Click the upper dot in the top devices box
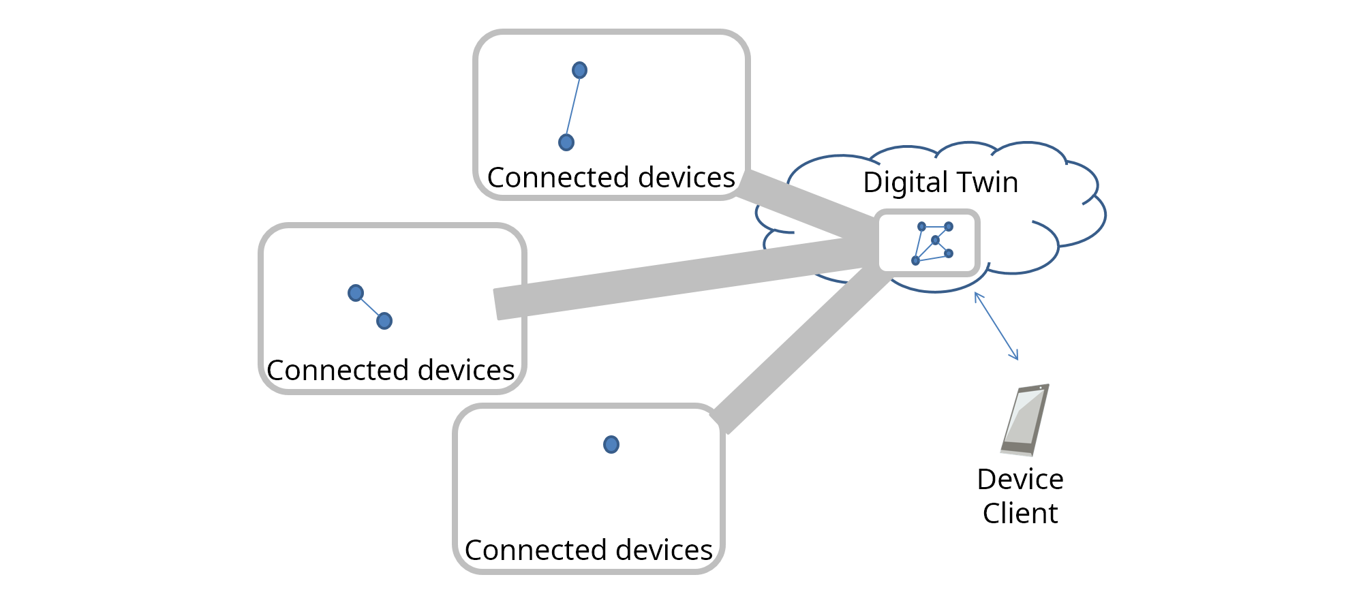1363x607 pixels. (x=579, y=70)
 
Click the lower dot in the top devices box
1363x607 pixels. (x=566, y=142)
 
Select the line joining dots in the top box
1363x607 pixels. (x=573, y=106)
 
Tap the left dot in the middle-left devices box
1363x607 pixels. (x=356, y=293)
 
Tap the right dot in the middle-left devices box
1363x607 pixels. (x=384, y=321)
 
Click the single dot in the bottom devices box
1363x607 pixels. (x=611, y=445)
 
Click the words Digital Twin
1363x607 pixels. (x=940, y=183)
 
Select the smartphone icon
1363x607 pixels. (x=1024, y=420)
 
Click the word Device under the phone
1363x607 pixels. (x=1020, y=480)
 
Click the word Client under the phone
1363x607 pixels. (x=1020, y=513)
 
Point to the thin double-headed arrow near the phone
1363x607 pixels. (x=996, y=326)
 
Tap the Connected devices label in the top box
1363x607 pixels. (x=611, y=178)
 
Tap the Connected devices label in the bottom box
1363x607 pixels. (x=588, y=550)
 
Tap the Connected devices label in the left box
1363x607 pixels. (x=390, y=371)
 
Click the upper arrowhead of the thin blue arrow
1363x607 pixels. (x=977, y=295)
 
